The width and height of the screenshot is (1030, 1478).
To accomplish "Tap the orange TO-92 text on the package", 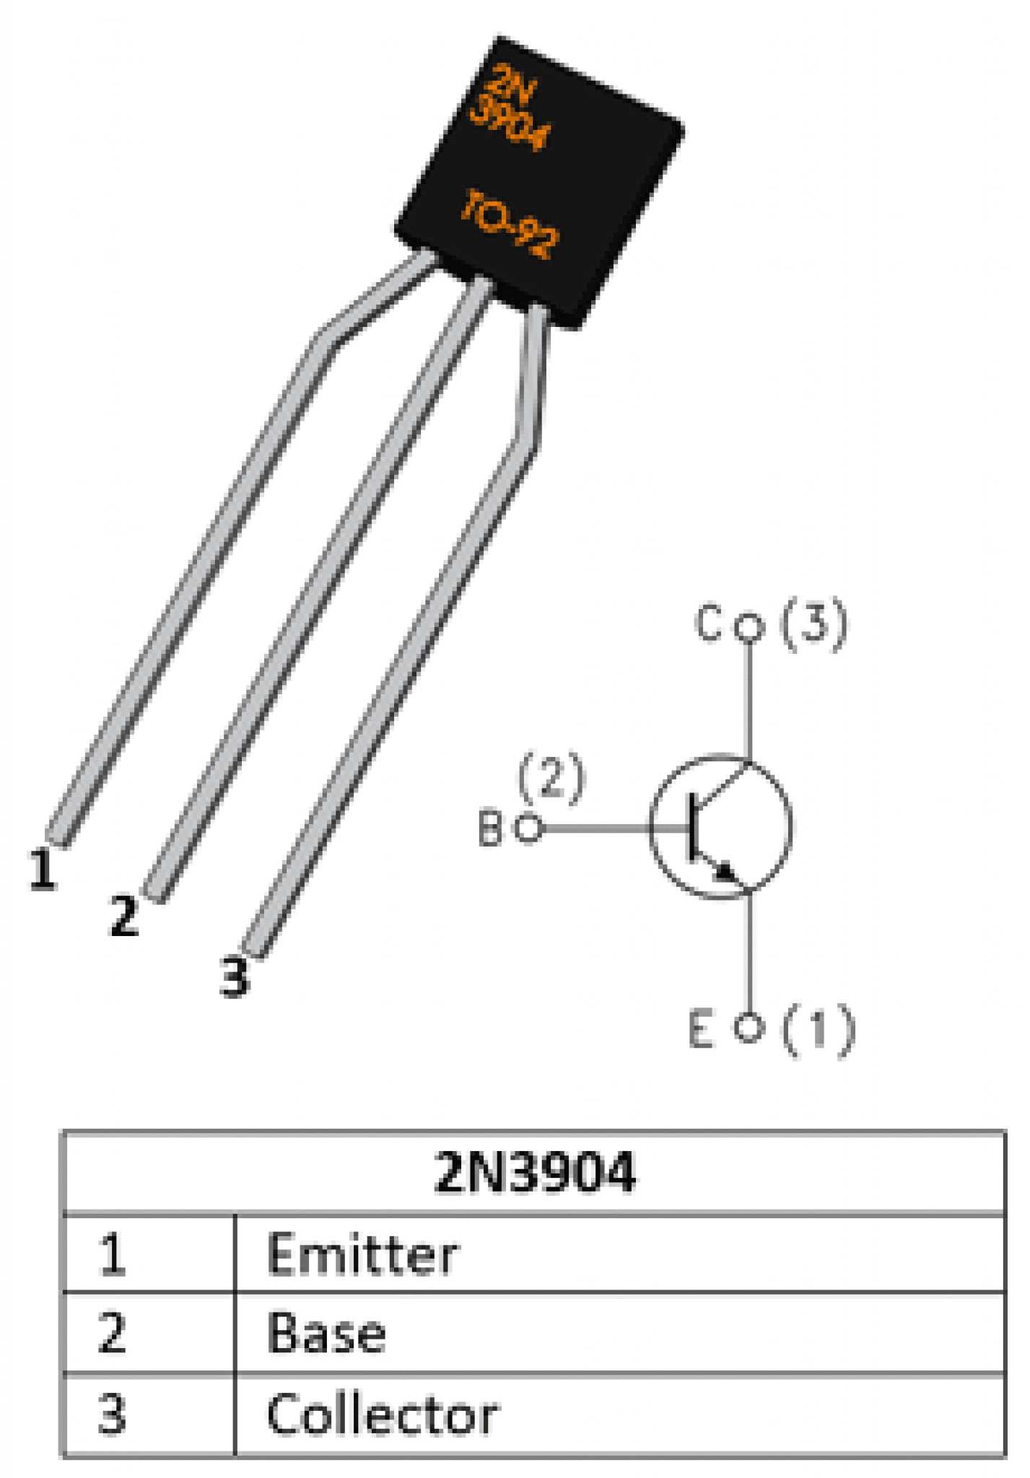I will [x=509, y=224].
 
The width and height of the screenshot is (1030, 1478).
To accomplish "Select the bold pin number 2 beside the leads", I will [x=123, y=916].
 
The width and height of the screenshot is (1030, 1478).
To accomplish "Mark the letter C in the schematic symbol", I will [x=708, y=624].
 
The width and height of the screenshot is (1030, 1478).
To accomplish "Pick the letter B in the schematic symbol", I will [x=490, y=828].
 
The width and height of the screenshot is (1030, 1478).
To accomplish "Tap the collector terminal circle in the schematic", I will [x=749, y=627].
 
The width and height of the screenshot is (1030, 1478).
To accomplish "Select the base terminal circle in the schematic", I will [x=529, y=828].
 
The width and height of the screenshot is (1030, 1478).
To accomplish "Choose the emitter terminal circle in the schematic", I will [x=749, y=1027].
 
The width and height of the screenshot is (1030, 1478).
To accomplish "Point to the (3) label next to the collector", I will [x=814, y=625].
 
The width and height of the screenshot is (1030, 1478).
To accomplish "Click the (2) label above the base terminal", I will [x=551, y=779].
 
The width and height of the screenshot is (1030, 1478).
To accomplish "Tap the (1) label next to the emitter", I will [x=819, y=1030].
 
